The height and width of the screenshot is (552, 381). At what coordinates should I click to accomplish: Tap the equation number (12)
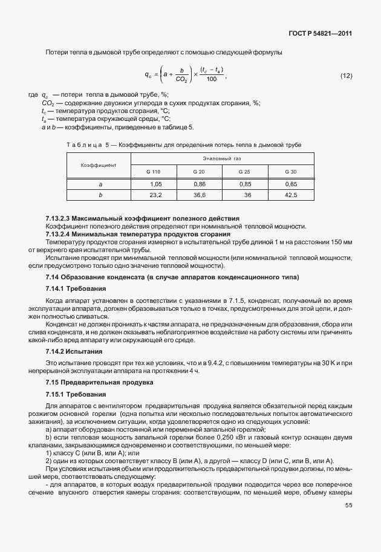pyautogui.click(x=346, y=76)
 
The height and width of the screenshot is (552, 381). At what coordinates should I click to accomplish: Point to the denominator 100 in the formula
pyautogui.click(x=212, y=79)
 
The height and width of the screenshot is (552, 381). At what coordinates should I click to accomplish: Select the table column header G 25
pyautogui.click(x=245, y=172)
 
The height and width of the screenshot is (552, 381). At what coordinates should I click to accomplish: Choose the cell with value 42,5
pyautogui.click(x=291, y=195)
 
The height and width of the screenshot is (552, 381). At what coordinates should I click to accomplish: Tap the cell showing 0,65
pyautogui.click(x=291, y=184)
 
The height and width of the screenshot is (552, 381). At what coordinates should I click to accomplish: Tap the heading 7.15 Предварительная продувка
pyautogui.click(x=91, y=383)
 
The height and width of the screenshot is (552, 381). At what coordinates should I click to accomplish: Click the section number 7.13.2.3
pyautogui.click(x=58, y=218)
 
